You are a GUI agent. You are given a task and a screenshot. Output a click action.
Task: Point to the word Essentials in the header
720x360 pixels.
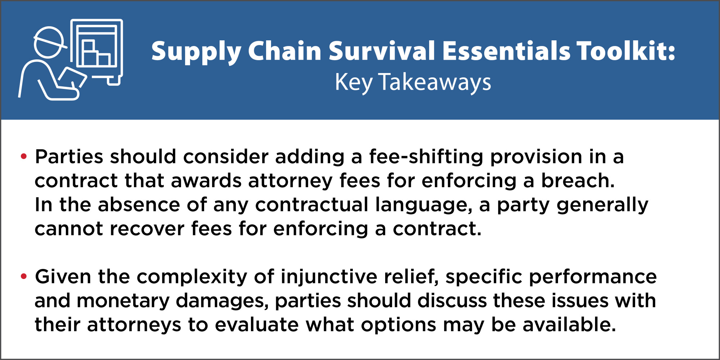coord(506,51)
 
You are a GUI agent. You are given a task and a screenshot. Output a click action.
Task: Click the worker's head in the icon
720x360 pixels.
coord(49,42)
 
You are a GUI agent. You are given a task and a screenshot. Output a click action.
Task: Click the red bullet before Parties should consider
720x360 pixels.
coord(24,156)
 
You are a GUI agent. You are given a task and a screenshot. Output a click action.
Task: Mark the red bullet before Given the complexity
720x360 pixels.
coord(24,276)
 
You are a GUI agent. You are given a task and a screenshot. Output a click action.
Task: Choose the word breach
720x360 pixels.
coord(578,180)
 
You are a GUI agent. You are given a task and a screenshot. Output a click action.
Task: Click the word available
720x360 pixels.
coord(569,325)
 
